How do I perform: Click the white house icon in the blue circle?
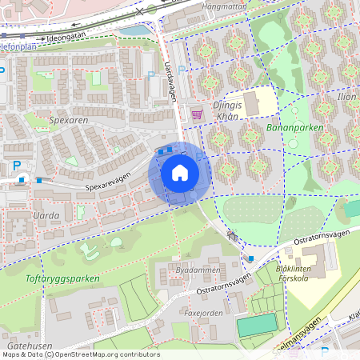coord(180,173)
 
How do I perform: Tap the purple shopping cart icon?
coord(196,114)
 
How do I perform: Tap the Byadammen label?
coord(191,271)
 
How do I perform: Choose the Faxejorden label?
coord(203,314)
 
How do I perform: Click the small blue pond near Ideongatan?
coord(137,30)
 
